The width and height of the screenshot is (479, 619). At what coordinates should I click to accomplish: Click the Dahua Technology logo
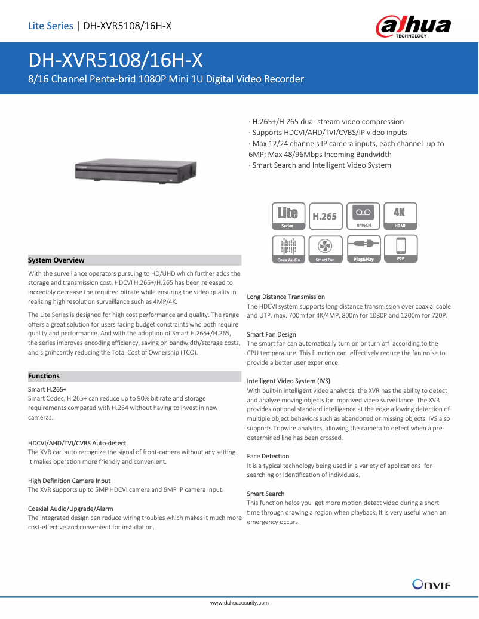413,27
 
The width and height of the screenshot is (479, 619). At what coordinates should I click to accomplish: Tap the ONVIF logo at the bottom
431,584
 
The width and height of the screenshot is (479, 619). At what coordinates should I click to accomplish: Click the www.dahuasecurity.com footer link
240,603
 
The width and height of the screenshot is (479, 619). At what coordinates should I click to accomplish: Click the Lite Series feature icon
288,216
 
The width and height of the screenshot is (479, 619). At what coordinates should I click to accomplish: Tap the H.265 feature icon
326,216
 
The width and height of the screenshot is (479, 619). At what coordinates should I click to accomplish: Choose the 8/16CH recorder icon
364,216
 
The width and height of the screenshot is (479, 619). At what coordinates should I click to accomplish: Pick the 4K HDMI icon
400,216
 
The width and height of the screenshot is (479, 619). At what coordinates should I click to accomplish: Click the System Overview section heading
57,260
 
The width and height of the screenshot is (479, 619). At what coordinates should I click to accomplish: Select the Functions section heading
44,376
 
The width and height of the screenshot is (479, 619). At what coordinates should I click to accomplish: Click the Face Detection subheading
268,456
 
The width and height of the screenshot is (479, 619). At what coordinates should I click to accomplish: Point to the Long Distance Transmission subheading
286,297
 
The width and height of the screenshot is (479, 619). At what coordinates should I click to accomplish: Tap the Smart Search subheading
266,494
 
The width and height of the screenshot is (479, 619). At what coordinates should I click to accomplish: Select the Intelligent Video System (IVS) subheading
288,381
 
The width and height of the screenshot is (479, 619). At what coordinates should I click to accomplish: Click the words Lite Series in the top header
51,26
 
